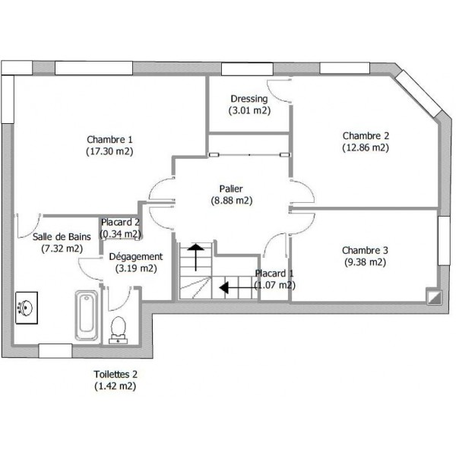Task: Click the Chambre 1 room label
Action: point(109,140)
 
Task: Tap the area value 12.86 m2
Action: point(366,147)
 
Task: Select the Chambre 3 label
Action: point(365,250)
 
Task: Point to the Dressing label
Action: point(249,99)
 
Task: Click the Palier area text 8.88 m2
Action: point(232,201)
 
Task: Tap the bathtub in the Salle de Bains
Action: point(87,315)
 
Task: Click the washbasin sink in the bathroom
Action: point(27,308)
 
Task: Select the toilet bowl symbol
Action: point(118,330)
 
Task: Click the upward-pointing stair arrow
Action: point(196,258)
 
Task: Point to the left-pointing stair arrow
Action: point(237,288)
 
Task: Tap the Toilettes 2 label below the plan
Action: point(116,374)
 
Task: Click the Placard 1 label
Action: point(274,274)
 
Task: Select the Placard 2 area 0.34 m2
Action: point(120,234)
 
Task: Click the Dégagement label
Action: point(136,257)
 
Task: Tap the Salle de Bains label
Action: point(62,236)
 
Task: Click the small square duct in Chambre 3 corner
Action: point(434,297)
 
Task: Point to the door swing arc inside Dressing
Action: point(277,93)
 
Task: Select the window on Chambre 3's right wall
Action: point(444,240)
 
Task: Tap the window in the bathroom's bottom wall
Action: point(55,351)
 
